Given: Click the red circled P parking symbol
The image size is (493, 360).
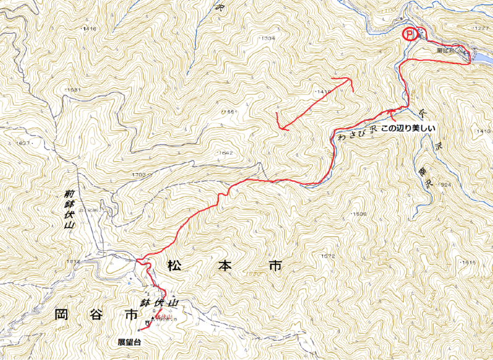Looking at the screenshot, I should point(409,33).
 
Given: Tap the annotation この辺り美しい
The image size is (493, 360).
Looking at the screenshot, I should point(407,129).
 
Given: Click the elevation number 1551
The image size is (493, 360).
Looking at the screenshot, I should point(229,112).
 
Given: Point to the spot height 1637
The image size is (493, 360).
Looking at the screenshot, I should point(22,143).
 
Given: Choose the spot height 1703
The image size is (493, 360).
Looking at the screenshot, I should point(138,175).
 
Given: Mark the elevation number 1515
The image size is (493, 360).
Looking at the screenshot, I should point(468,263).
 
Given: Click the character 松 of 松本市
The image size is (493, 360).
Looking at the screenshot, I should point(174,267).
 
